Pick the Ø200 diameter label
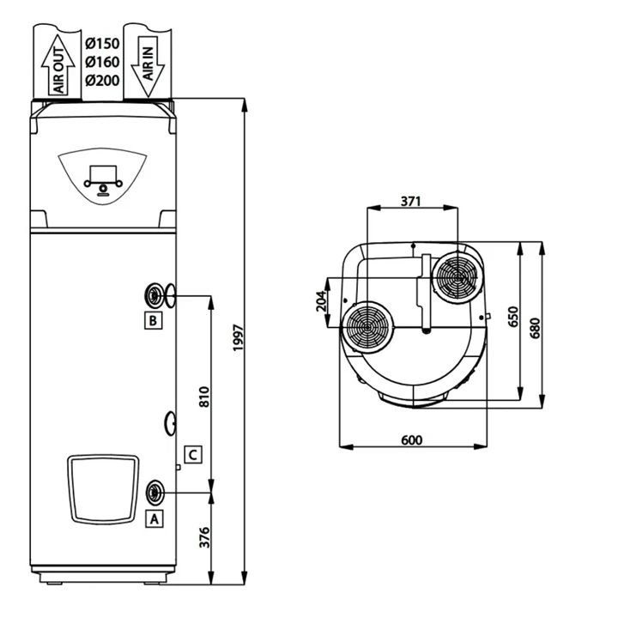[x=102, y=80]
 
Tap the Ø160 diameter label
[x=102, y=62]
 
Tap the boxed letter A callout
[x=154, y=518]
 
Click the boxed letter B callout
[x=152, y=321]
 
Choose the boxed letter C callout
[x=194, y=454]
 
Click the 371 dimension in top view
[x=411, y=202]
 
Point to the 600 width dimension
[x=412, y=440]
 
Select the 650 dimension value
[x=513, y=317]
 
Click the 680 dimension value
[x=536, y=327]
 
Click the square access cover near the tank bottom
[x=103, y=488]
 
